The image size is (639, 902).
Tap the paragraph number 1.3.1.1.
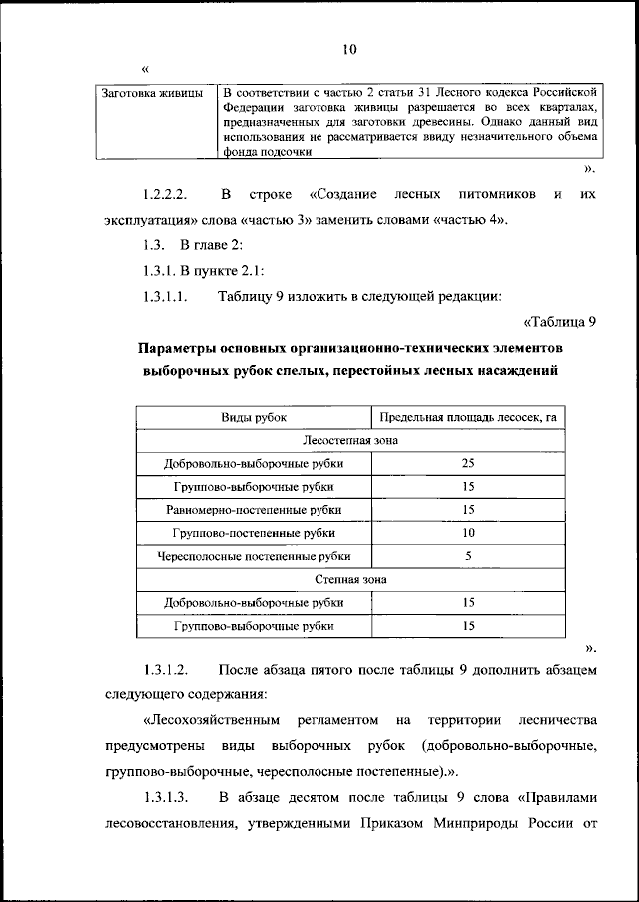point(166,296)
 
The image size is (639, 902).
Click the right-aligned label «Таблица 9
point(559,321)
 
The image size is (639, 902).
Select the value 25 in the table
point(468,463)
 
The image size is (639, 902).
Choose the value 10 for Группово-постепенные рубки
point(468,533)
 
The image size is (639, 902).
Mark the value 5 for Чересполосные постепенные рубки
point(468,556)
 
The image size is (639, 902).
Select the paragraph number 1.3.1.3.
point(166,797)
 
